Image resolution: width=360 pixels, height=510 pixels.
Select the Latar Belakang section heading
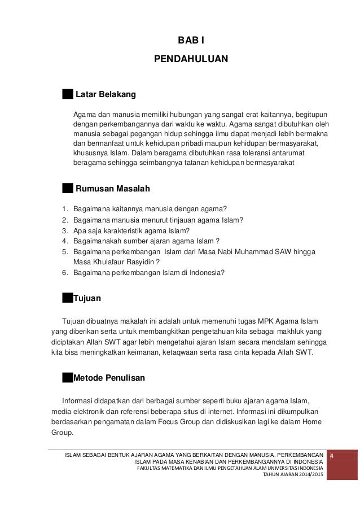click(x=106, y=93)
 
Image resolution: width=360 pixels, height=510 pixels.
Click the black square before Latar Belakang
click(x=68, y=93)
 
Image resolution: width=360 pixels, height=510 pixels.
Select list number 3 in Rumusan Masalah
click(x=65, y=230)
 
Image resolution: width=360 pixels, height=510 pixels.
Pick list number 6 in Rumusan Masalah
click(x=65, y=272)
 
